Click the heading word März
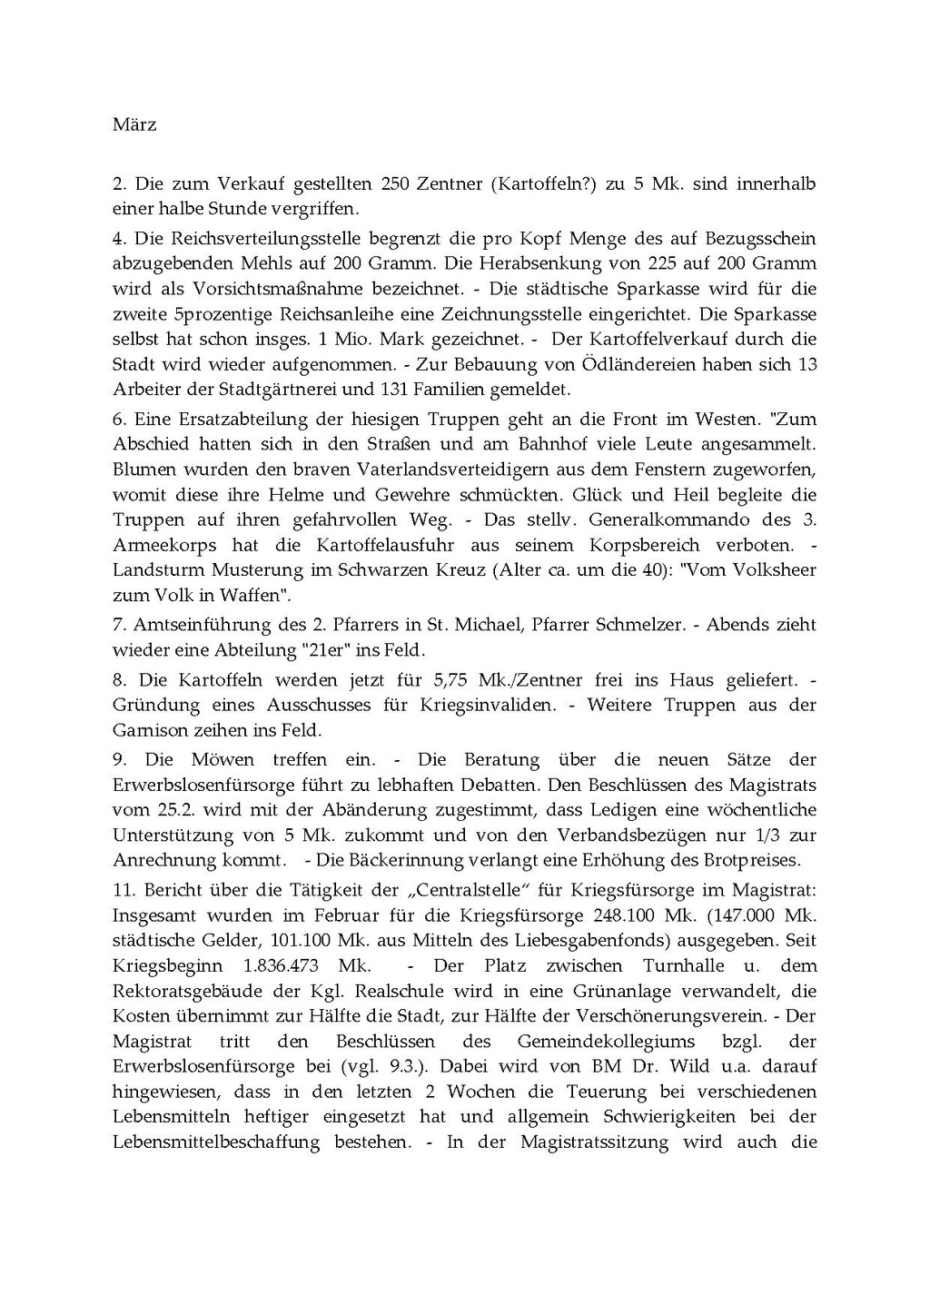pos(134,124)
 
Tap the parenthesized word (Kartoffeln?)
pos(542,183)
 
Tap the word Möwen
pos(222,759)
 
